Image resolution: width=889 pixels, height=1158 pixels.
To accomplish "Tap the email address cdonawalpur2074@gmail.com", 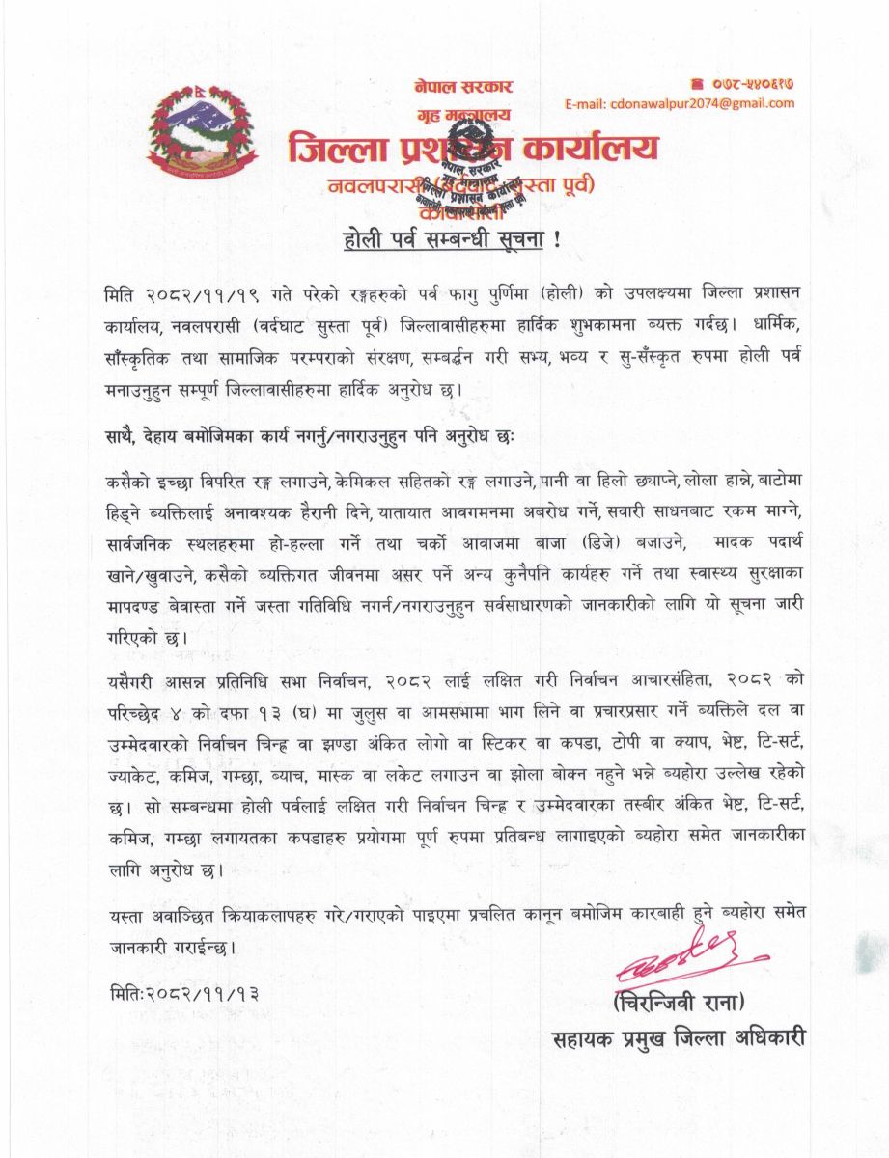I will coord(679,103).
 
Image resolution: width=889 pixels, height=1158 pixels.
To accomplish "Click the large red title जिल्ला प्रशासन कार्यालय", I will coord(473,148).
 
